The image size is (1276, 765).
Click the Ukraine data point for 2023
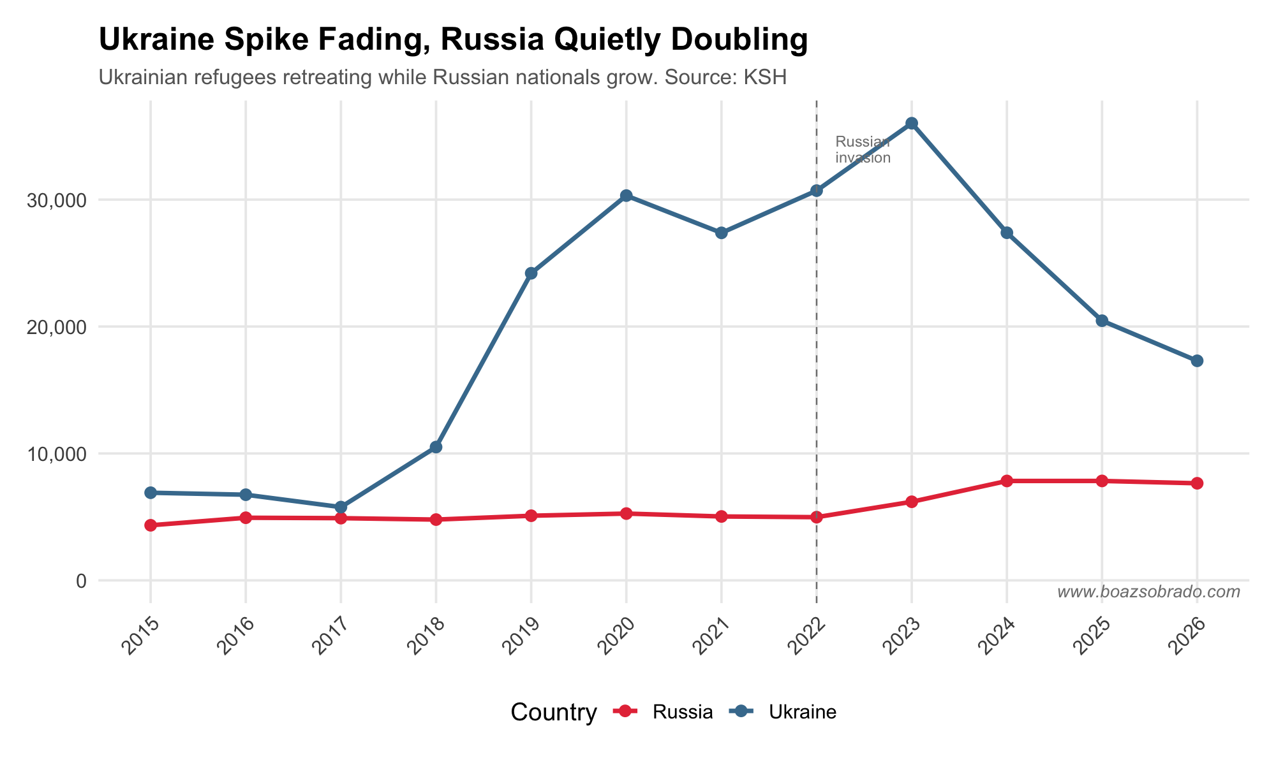pos(912,123)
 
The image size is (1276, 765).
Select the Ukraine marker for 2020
pos(627,196)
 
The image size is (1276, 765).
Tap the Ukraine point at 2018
pos(436,448)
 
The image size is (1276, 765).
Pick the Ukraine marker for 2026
pos(1197,361)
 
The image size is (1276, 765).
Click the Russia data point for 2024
pos(1007,481)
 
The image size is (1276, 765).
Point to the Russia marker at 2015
pos(151,525)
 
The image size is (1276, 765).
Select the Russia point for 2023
pos(912,502)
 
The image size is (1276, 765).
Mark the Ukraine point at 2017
pos(341,507)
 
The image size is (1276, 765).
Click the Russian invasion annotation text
pos(863,150)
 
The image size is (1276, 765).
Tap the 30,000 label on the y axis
pos(56,200)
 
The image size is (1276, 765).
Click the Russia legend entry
pos(664,712)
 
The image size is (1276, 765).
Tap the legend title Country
pos(554,713)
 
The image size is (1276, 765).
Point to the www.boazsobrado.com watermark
pos(1148,592)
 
